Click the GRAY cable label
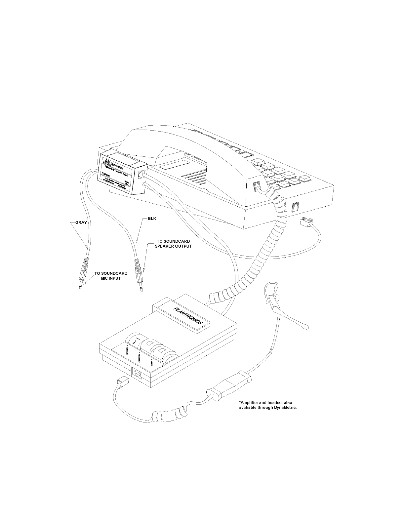click(81, 222)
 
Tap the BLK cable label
click(152, 219)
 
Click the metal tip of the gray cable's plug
click(80, 287)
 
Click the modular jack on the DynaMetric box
click(142, 174)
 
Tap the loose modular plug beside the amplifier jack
click(121, 381)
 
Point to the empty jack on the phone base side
click(295, 207)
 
